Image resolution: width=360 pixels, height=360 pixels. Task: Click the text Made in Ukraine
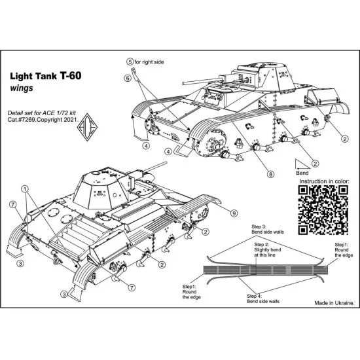(x=334, y=304)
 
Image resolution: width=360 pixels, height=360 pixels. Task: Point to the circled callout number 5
(x=130, y=62)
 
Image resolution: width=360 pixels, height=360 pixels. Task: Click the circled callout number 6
(x=128, y=77)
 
